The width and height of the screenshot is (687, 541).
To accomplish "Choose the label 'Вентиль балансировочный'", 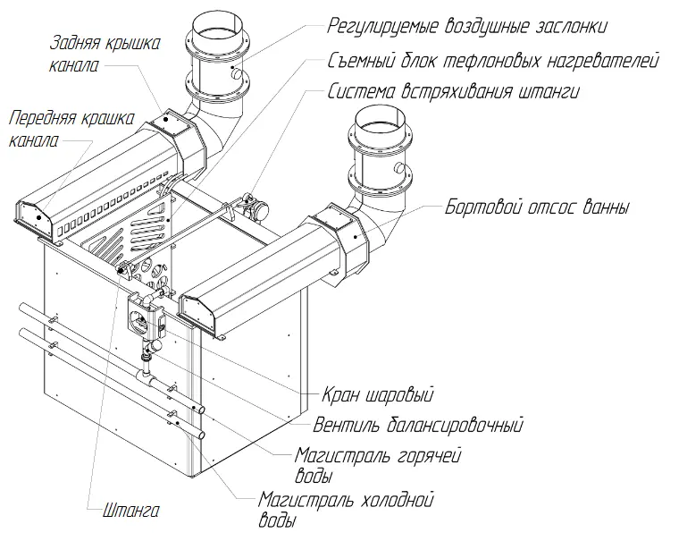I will [x=417, y=424].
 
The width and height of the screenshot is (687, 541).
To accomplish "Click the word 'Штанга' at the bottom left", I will [x=124, y=511].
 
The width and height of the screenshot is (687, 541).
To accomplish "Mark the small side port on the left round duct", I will [x=237, y=76].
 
